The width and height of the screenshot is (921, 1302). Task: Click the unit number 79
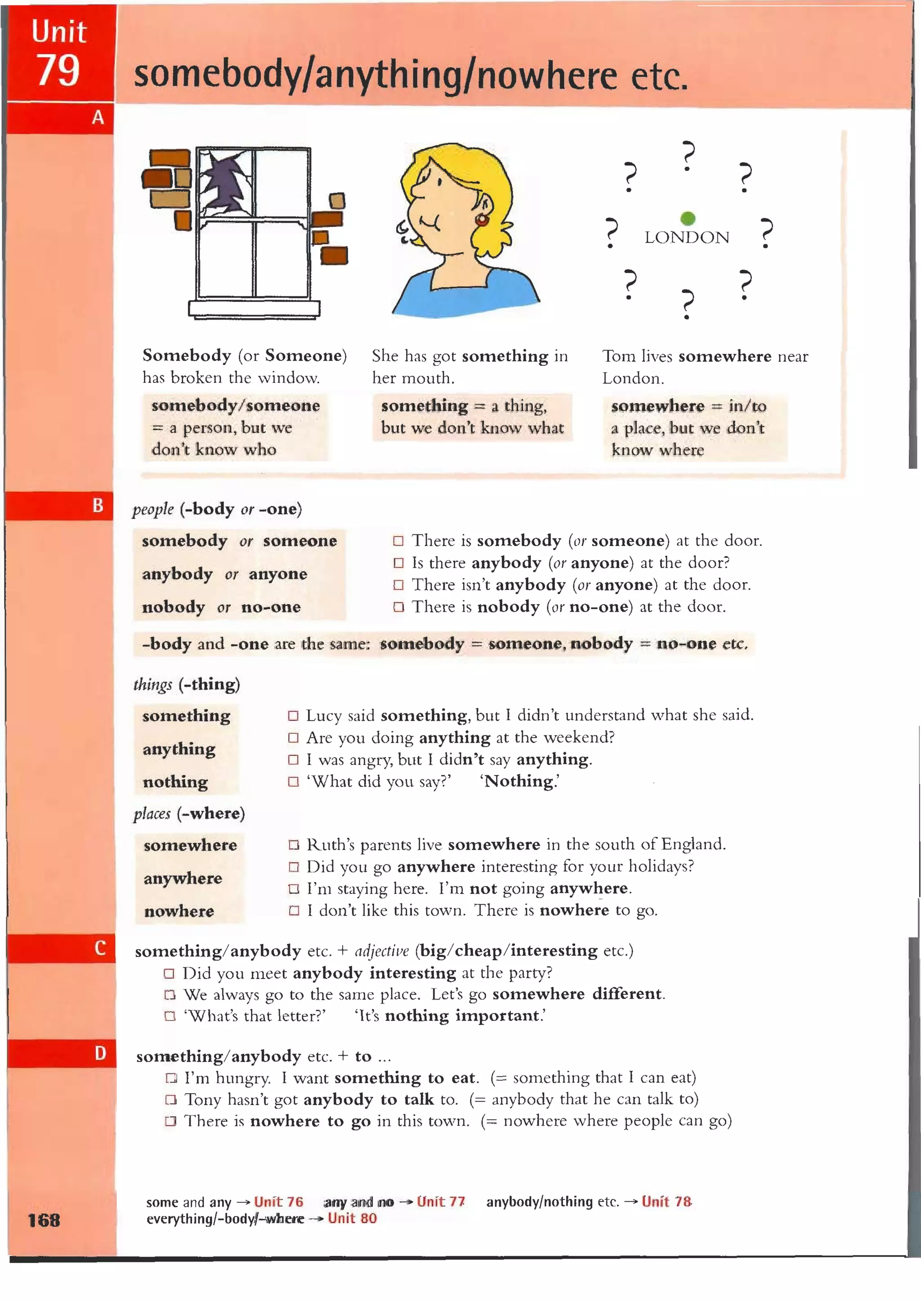(58, 71)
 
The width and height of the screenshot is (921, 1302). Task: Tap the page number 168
(44, 1220)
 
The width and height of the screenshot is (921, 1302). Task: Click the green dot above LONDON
(687, 218)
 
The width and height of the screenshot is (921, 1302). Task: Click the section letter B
(98, 505)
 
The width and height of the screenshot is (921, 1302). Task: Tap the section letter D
(100, 1053)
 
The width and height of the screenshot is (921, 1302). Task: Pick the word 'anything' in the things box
(179, 749)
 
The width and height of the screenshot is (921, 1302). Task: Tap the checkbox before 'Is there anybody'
(398, 563)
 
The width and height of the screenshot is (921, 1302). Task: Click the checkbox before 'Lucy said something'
(293, 715)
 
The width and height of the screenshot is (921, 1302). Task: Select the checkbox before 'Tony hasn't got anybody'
(171, 1100)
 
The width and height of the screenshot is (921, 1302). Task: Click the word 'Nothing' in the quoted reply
(519, 782)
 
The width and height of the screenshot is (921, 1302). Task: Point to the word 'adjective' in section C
(381, 951)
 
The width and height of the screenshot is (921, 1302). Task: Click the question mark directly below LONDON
(687, 303)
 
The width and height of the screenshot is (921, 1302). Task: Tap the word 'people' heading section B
(152, 509)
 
